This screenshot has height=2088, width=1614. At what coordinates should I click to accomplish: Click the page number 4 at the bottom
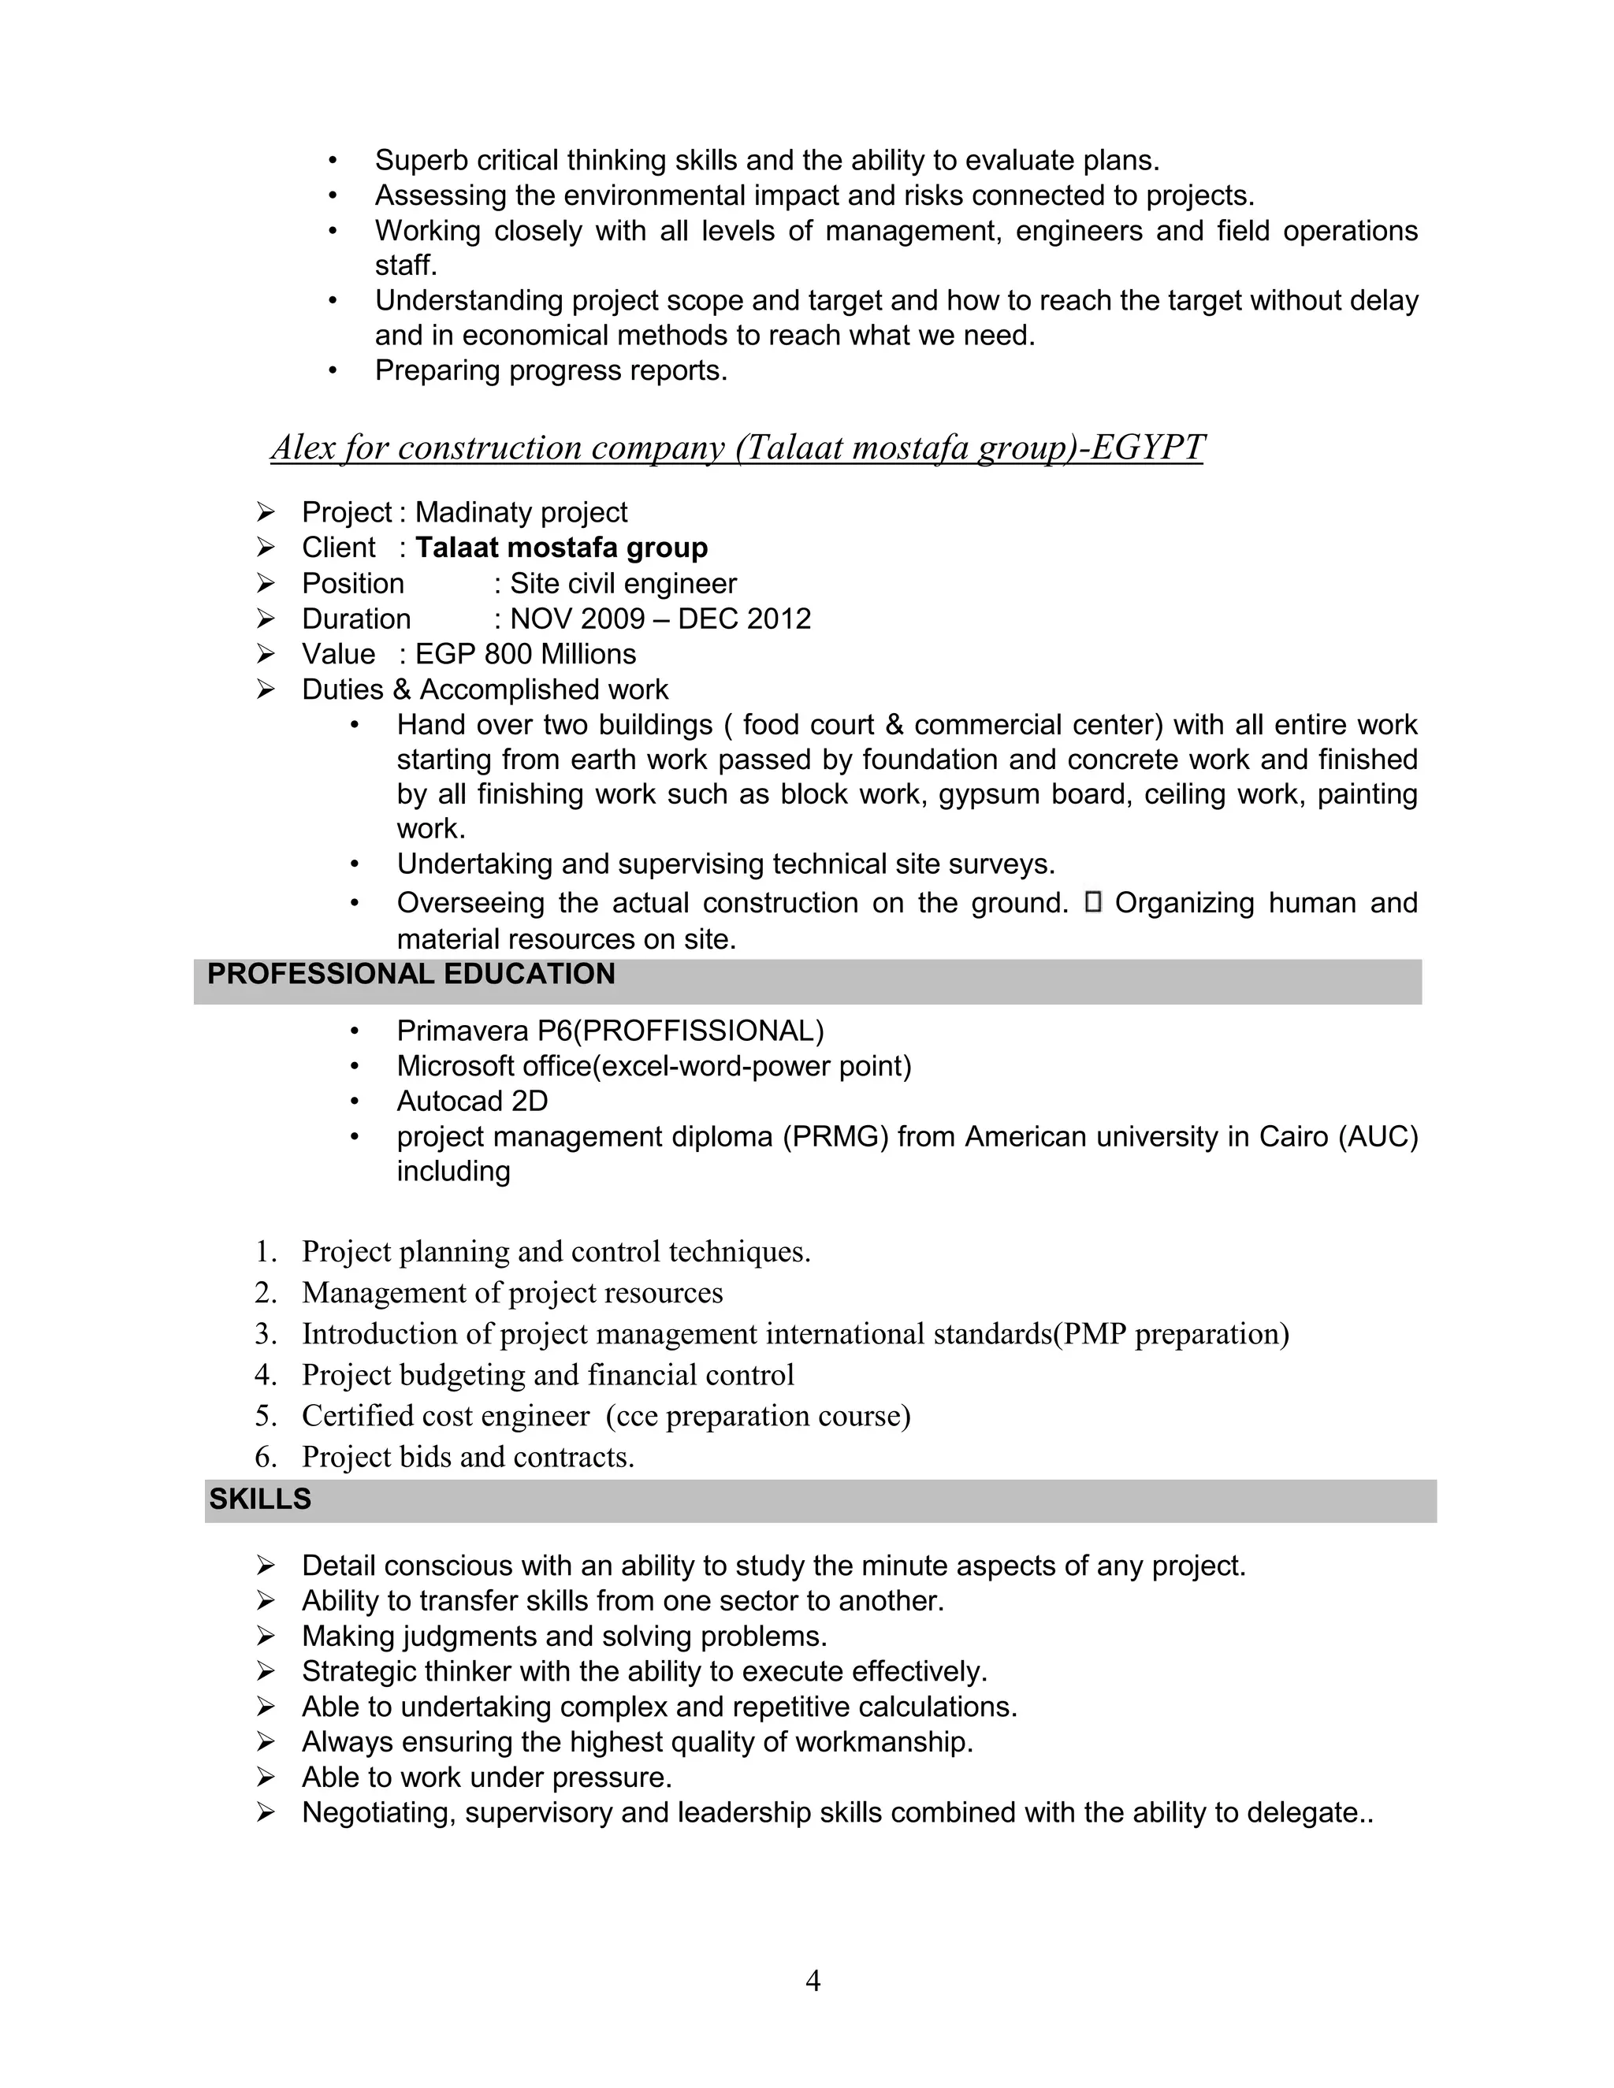point(812,1980)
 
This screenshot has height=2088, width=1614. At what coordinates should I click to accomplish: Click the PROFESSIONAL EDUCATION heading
point(411,974)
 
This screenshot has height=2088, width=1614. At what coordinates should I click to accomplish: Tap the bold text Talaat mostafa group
point(561,548)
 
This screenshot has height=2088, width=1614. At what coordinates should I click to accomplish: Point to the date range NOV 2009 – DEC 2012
point(660,619)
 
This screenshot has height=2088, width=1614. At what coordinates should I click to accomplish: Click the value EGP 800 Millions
point(525,654)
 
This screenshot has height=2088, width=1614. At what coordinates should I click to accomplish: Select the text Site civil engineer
point(623,583)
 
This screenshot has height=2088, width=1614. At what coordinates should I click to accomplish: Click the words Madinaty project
point(521,512)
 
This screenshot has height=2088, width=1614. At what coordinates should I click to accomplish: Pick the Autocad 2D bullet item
point(472,1102)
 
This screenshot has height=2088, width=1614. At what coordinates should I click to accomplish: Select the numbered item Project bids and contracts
point(467,1457)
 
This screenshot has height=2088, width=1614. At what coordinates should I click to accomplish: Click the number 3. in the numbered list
point(266,1334)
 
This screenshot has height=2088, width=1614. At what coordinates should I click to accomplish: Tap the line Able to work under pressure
point(487,1778)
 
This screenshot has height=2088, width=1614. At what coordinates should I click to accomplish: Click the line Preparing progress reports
point(551,371)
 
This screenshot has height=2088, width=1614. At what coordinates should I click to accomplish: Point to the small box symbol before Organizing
point(1094,901)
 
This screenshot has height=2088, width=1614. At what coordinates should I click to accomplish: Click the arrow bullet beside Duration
point(266,619)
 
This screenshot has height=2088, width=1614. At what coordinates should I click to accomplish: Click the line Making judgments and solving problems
point(564,1636)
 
